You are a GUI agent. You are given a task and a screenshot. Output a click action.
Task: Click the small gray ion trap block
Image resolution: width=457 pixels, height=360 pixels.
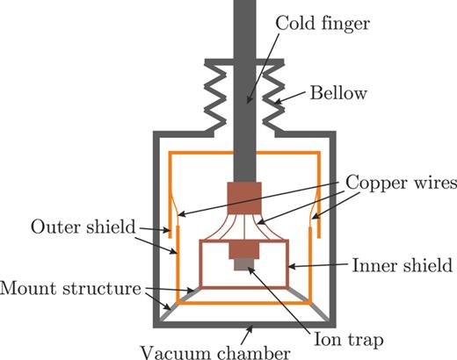click(243, 263)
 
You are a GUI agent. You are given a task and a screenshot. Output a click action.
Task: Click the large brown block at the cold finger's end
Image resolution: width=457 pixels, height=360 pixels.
click(244, 196)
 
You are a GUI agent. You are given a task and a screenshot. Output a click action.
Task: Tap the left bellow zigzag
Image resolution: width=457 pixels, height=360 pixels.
click(215, 92)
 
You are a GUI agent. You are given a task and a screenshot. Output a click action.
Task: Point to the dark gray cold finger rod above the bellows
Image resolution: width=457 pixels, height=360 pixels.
click(243, 26)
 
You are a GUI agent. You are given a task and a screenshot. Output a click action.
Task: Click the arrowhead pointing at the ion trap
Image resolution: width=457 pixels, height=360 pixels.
click(250, 269)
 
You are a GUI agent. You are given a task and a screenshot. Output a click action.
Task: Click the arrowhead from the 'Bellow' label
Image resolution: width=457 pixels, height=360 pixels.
click(279, 104)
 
